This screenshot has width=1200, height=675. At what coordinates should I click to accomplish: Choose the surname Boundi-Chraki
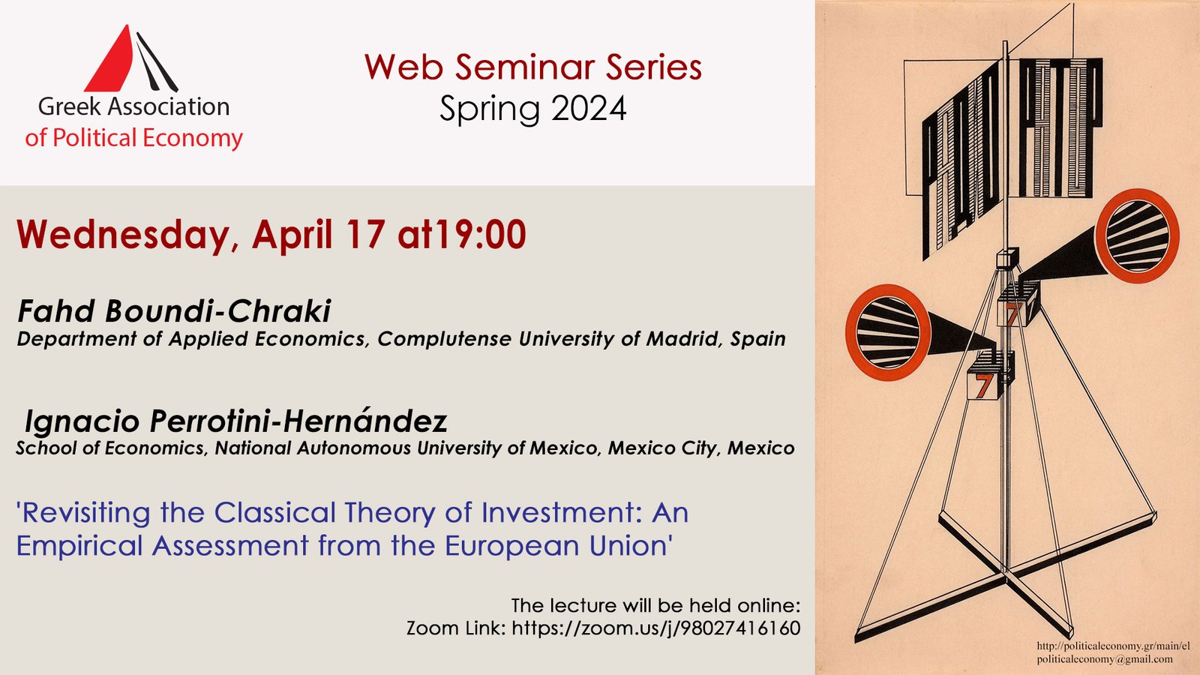[x=217, y=311]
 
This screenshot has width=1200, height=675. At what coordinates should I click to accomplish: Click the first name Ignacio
[x=82, y=421]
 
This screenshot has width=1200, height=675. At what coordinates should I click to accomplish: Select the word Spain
[x=758, y=339]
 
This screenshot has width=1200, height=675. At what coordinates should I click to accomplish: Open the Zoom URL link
[x=655, y=628]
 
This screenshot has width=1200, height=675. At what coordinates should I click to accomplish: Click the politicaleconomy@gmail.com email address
[x=1104, y=659]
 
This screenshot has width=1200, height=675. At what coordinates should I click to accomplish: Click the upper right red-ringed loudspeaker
[x=1137, y=235]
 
